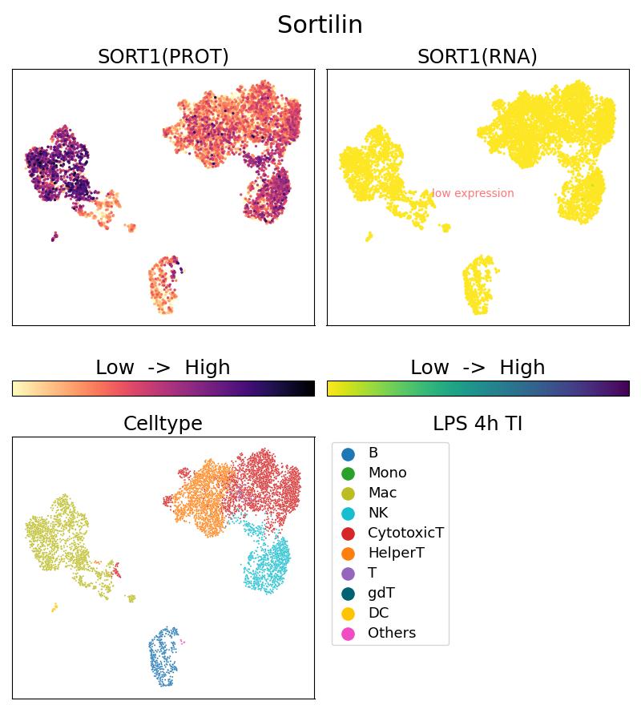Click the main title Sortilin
pyautogui.click(x=320, y=25)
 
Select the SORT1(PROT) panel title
pyautogui.click(x=163, y=57)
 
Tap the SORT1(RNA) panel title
pyautogui.click(x=478, y=57)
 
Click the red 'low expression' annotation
pyautogui.click(x=473, y=193)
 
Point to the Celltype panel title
pyautogui.click(x=163, y=424)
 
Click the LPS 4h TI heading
pyautogui.click(x=478, y=424)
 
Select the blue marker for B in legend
pyautogui.click(x=348, y=453)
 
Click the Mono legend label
pyautogui.click(x=387, y=473)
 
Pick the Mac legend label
pyautogui.click(x=382, y=493)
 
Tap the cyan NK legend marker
pyautogui.click(x=348, y=514)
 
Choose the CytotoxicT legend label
pyautogui.click(x=405, y=534)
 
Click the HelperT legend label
pyautogui.click(x=396, y=554)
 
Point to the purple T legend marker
pyautogui.click(x=348, y=574)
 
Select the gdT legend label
pyautogui.click(x=381, y=594)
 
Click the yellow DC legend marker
pyautogui.click(x=348, y=614)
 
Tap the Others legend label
pyautogui.click(x=392, y=634)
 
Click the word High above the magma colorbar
pyautogui.click(x=207, y=368)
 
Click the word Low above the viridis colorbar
pyautogui.click(x=429, y=368)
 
